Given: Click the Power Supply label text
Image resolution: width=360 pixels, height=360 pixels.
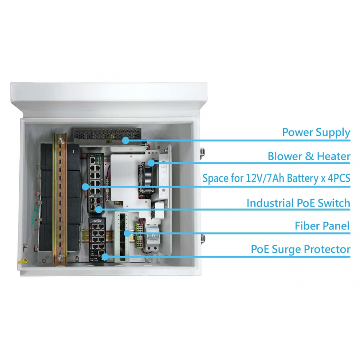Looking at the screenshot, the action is [316, 132].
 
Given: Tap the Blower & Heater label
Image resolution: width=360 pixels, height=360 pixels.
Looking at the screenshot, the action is [309, 156].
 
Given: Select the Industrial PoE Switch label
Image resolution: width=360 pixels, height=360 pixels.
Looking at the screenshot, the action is [298, 203].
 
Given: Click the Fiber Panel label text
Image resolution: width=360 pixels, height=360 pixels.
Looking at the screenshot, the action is [322, 226].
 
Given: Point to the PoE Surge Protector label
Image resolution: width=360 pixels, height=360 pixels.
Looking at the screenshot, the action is [301, 249].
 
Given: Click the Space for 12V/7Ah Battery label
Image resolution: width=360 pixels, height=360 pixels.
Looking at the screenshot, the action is [276, 178].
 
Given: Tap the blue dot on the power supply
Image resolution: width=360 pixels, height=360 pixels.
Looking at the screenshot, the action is [126, 140].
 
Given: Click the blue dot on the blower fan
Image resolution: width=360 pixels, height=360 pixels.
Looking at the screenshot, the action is [151, 163].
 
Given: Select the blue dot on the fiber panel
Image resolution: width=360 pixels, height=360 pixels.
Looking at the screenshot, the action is [127, 234].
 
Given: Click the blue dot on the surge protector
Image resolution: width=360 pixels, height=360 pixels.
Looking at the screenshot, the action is [105, 257].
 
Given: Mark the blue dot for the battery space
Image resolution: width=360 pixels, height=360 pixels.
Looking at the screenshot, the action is [85, 187].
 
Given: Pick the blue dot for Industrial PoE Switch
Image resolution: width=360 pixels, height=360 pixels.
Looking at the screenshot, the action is [99, 209].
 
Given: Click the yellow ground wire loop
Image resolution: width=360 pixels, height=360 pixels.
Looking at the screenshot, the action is [24, 261].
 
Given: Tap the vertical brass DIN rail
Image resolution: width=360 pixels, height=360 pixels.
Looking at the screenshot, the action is [60, 199].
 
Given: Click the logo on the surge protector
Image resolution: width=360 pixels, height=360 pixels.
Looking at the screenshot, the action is [97, 221].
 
